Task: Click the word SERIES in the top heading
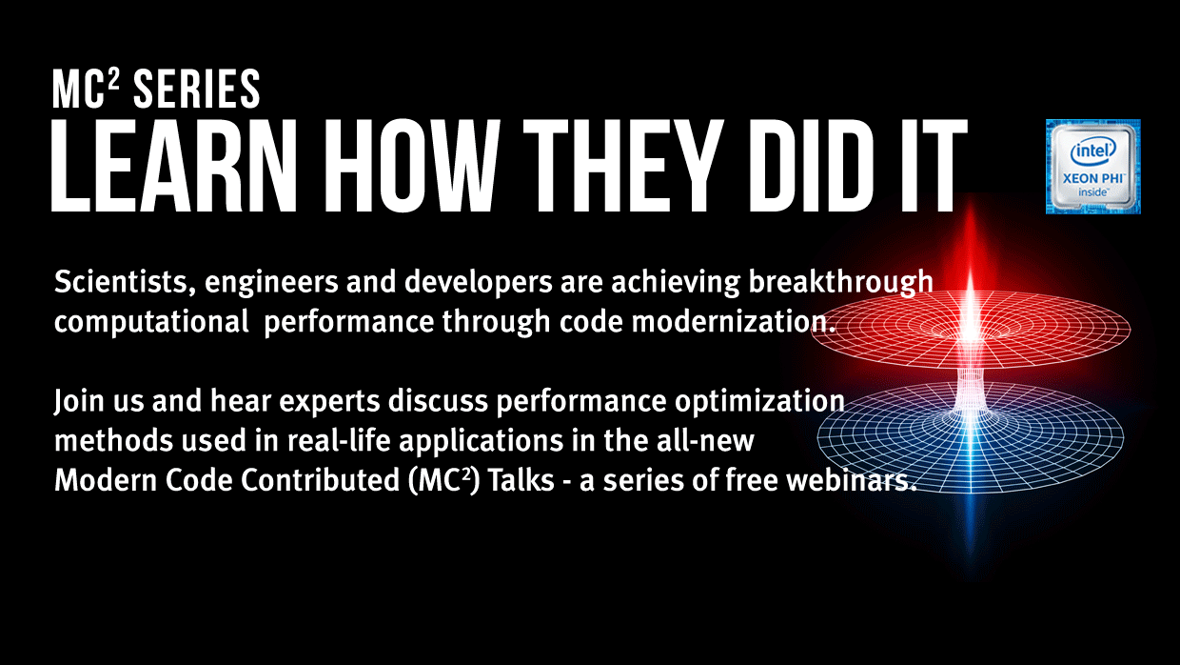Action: (196, 89)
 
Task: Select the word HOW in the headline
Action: (411, 166)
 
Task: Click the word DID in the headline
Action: (811, 166)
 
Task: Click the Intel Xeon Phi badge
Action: (1093, 167)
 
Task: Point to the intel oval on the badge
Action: (1093, 151)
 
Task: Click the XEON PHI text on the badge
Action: (1093, 179)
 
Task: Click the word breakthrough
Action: (841, 283)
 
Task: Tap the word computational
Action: (151, 323)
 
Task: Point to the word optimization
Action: (759, 402)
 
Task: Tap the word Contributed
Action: (320, 480)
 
